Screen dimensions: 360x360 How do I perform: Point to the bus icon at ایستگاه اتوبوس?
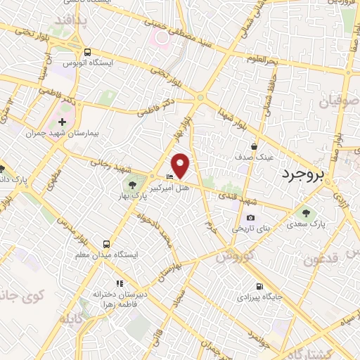(87, 52)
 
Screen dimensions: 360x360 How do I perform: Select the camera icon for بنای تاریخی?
(250, 218)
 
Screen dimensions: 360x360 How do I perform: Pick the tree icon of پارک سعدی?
(305, 212)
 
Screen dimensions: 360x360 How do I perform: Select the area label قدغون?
(323, 259)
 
